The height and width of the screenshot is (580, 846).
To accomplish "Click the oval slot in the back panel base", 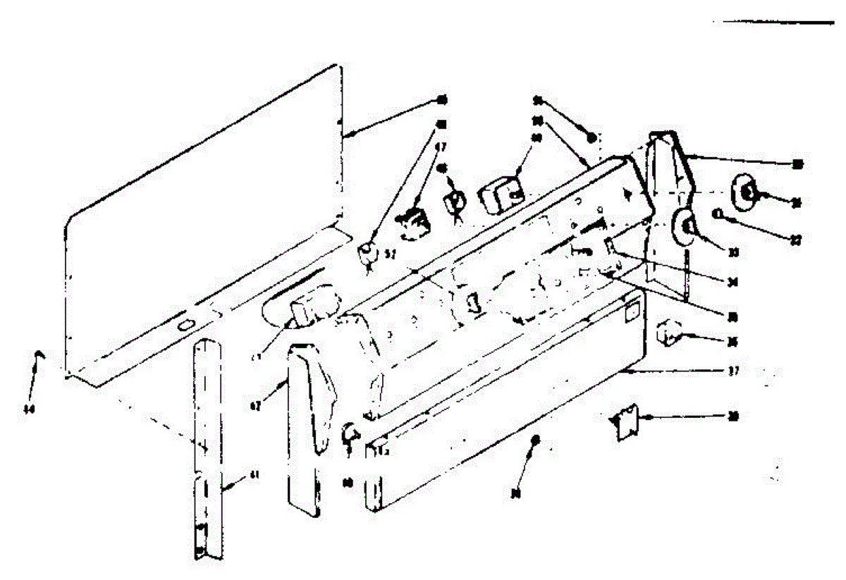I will click(x=185, y=325).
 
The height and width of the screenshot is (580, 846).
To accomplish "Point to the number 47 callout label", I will click(x=441, y=148).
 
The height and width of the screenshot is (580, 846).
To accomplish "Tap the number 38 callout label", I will click(x=733, y=417).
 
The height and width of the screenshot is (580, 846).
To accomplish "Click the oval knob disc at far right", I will click(x=747, y=191).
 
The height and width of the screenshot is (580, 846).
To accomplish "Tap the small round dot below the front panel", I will click(x=535, y=440).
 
